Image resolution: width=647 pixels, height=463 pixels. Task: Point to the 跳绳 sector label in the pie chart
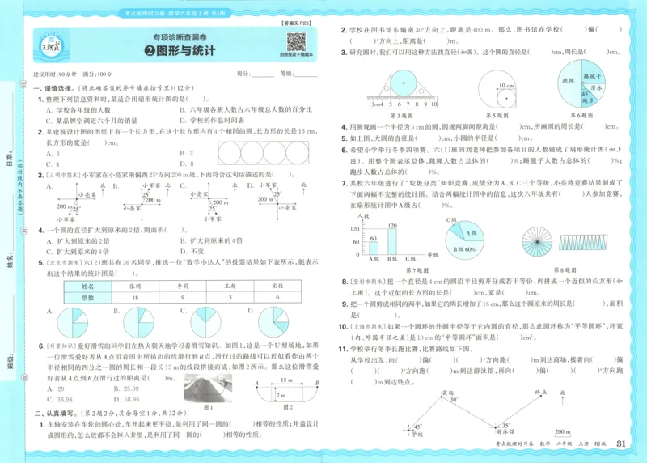point(570,82)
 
